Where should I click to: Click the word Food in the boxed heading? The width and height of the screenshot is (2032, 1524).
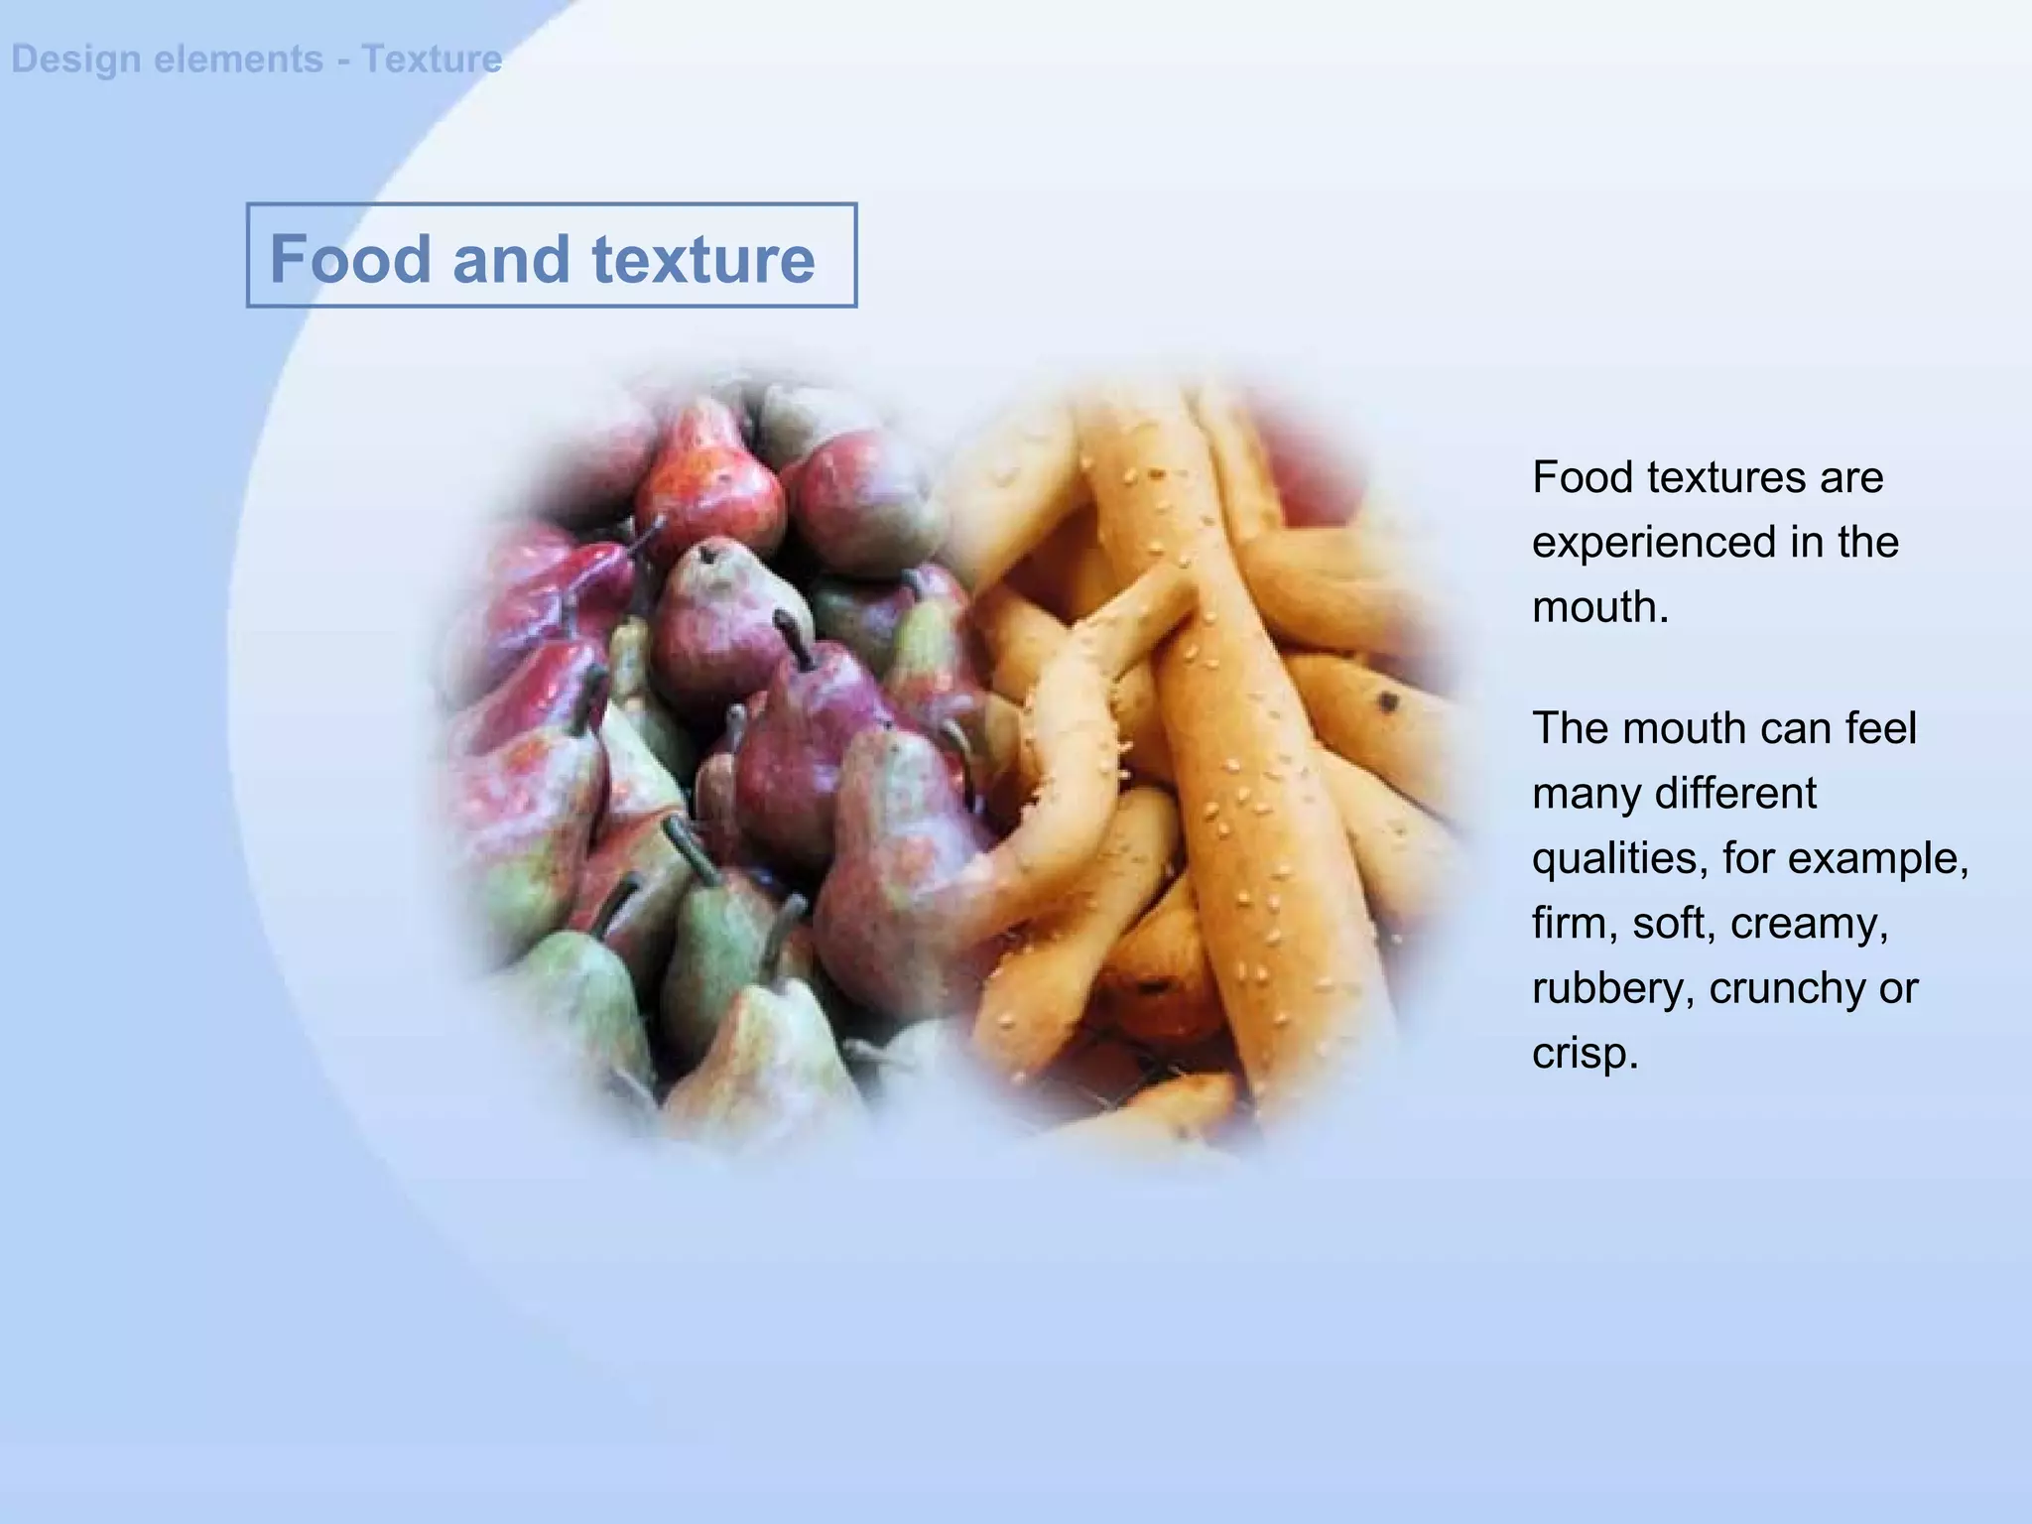pos(350,259)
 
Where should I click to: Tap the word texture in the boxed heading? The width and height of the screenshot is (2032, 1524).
pos(703,259)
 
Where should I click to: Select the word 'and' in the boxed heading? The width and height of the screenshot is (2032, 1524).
pos(511,259)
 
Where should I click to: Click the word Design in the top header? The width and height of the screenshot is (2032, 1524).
pos(75,60)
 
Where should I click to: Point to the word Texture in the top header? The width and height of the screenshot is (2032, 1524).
pos(432,60)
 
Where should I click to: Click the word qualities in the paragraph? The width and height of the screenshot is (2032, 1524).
pos(1618,858)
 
